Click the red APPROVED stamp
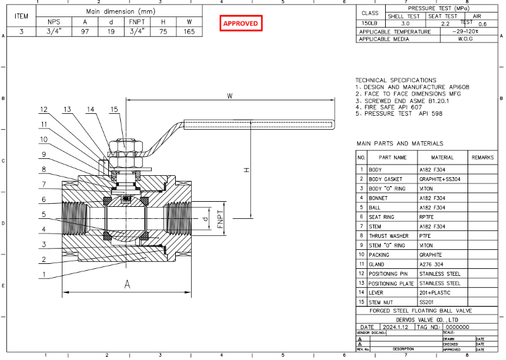tap(240, 23)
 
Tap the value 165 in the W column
tap(189, 31)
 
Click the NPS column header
tap(54, 22)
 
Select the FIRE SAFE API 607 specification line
tap(391, 107)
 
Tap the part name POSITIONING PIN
tap(393, 273)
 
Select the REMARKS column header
tap(482, 157)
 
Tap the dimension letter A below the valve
tap(127, 285)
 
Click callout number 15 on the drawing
tap(114, 109)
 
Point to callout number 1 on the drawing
tap(44, 274)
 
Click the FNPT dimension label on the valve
tap(221, 221)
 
